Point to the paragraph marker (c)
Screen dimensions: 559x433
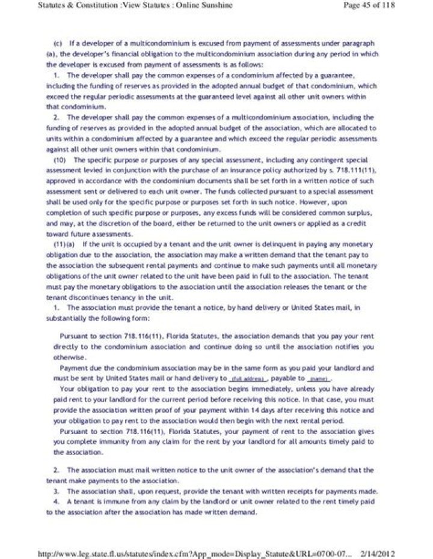click(x=58, y=44)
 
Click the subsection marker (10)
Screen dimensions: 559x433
click(x=63, y=159)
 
